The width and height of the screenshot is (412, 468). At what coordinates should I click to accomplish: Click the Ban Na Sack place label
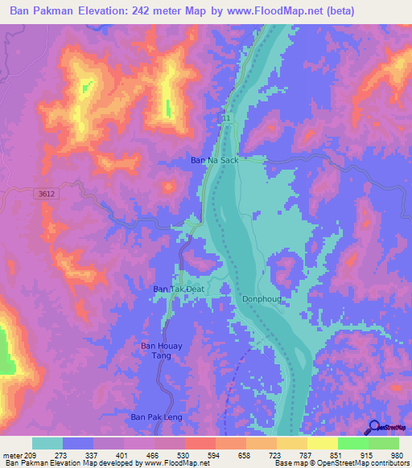pos(214,161)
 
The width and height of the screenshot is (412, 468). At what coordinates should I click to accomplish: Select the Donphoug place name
pos(260,298)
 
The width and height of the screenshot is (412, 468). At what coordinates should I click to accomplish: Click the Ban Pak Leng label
pos(157,417)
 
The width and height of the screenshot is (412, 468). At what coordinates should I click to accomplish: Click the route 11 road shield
pos(226,119)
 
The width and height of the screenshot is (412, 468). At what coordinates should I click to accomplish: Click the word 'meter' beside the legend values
pos(11,456)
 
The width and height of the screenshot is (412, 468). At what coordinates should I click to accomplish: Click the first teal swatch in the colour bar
pos(47,443)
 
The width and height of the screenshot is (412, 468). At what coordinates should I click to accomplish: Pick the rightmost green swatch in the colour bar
pos(383,443)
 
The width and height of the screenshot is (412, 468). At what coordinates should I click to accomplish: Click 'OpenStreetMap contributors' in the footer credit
pos(364,463)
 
